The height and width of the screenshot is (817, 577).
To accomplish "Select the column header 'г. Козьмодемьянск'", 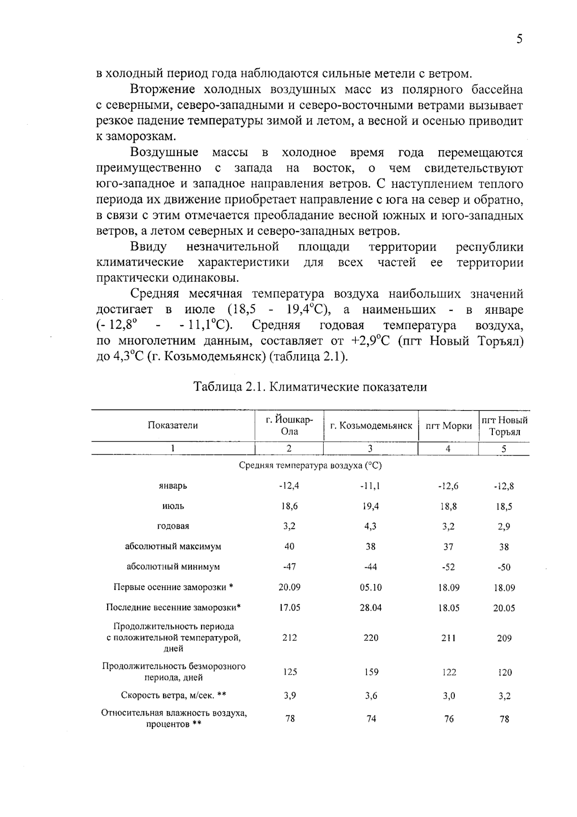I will pyautogui.click(x=371, y=426).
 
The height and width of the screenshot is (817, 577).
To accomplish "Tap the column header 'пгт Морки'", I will pyautogui.click(x=449, y=426).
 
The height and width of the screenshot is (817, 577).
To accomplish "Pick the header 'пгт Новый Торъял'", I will pyautogui.click(x=504, y=426).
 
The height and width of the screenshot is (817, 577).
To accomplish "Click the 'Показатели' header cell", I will pyautogui.click(x=173, y=425).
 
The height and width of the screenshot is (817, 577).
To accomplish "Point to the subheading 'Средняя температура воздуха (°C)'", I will pyautogui.click(x=310, y=466).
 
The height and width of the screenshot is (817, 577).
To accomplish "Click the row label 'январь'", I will pyautogui.click(x=173, y=486).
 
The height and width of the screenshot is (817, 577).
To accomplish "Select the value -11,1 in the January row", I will pyautogui.click(x=370, y=486).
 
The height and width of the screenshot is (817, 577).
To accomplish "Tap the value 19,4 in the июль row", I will pyautogui.click(x=370, y=506).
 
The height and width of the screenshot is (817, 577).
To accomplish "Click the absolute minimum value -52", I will pyautogui.click(x=448, y=567).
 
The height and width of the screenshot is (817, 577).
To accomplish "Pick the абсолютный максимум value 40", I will pyautogui.click(x=289, y=547).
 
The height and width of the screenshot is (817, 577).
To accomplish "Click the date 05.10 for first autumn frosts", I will pyautogui.click(x=370, y=587).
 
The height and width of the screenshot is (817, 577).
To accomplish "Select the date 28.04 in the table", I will pyautogui.click(x=370, y=608).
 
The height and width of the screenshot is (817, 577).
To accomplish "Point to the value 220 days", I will pyautogui.click(x=371, y=638).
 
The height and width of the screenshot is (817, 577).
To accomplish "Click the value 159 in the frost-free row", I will pyautogui.click(x=371, y=672).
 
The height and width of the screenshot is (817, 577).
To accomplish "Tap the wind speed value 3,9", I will pyautogui.click(x=289, y=696).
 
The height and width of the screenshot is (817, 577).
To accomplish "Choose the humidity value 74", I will pyautogui.click(x=371, y=719).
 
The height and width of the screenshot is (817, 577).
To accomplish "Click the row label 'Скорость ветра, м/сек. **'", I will pyautogui.click(x=173, y=696).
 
